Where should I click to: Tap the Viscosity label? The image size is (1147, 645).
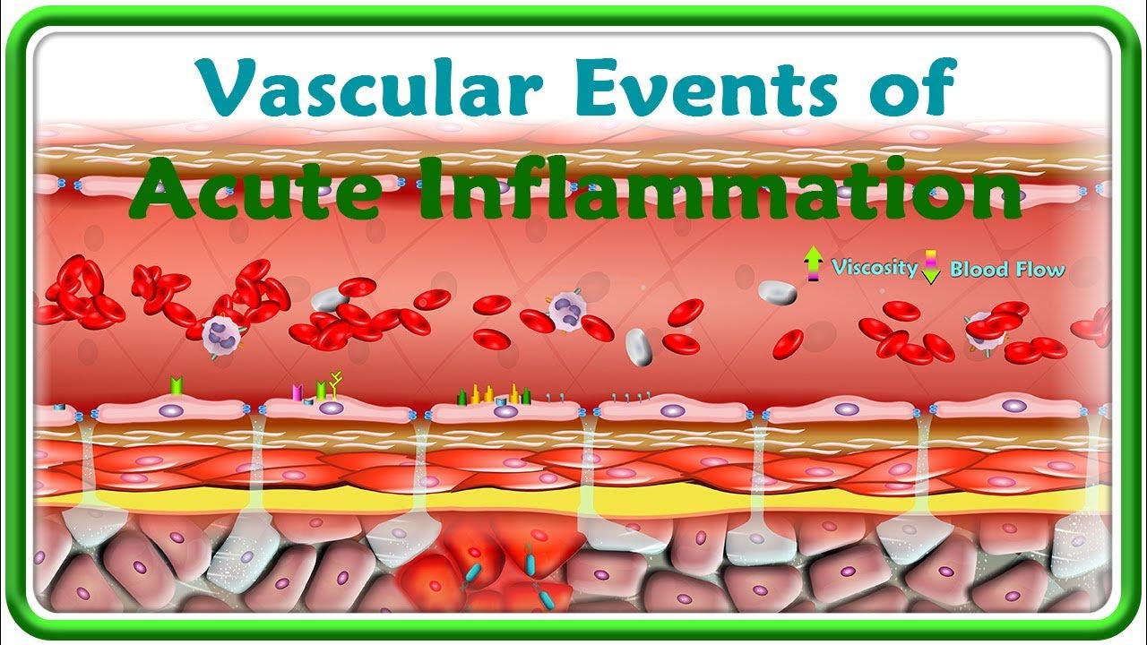coord(874,267)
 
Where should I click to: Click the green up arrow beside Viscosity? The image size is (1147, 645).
coord(813,265)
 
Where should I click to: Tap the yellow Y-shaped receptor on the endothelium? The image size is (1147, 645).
coord(337,383)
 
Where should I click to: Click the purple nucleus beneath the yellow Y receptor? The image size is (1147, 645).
coord(332,408)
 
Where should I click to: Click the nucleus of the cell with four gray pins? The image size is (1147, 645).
coord(669,409)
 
